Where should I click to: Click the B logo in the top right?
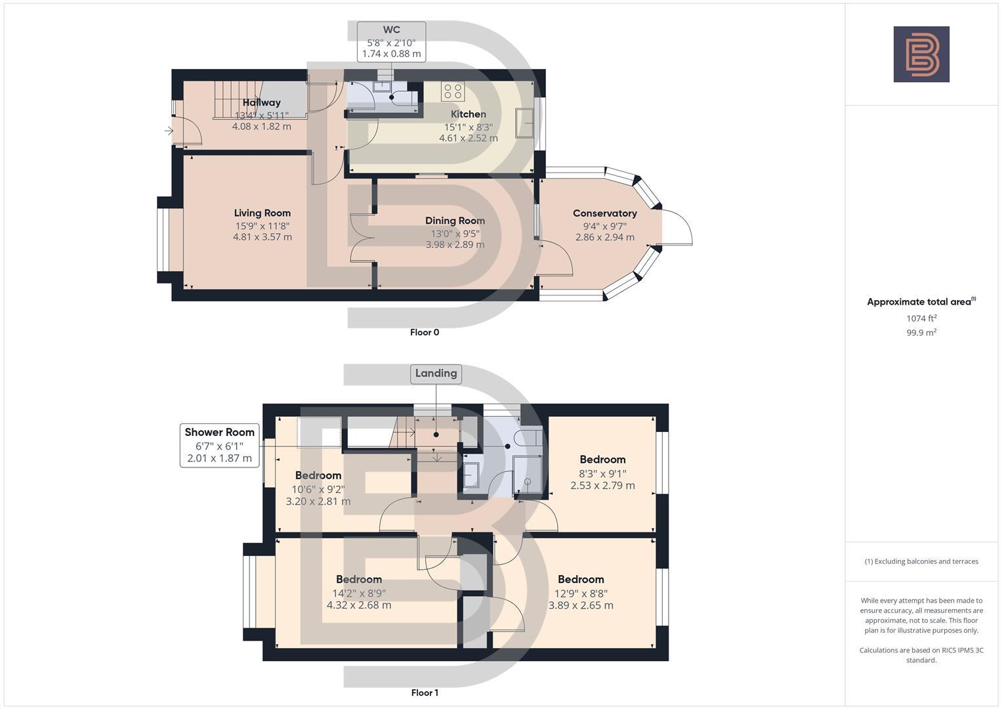pyautogui.click(x=921, y=54)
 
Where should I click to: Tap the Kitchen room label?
pyautogui.click(x=469, y=114)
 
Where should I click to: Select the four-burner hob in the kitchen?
pyautogui.click(x=453, y=91)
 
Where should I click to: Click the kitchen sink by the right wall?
pyautogui.click(x=525, y=123)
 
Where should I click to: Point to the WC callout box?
pyautogui.click(x=391, y=42)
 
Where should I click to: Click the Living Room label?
pyautogui.click(x=262, y=213)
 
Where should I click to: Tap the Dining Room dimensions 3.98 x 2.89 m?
pyautogui.click(x=455, y=244)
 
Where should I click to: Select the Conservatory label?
pyautogui.click(x=605, y=213)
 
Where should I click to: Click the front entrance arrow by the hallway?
pyautogui.click(x=169, y=131)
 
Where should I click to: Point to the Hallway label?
pyautogui.click(x=262, y=102)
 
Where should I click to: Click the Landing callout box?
pyautogui.click(x=436, y=374)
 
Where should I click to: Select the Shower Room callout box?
pyautogui.click(x=220, y=445)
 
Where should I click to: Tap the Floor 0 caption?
pyautogui.click(x=425, y=332)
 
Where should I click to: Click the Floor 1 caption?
pyautogui.click(x=425, y=693)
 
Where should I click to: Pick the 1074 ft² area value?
pyautogui.click(x=921, y=318)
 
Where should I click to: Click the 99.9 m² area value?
pyautogui.click(x=921, y=333)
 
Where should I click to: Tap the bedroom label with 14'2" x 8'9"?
pyautogui.click(x=359, y=579)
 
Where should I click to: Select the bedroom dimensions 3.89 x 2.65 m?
pyautogui.click(x=581, y=605)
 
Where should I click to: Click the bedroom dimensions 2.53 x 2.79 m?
pyautogui.click(x=602, y=485)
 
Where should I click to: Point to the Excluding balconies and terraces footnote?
pyautogui.click(x=921, y=561)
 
